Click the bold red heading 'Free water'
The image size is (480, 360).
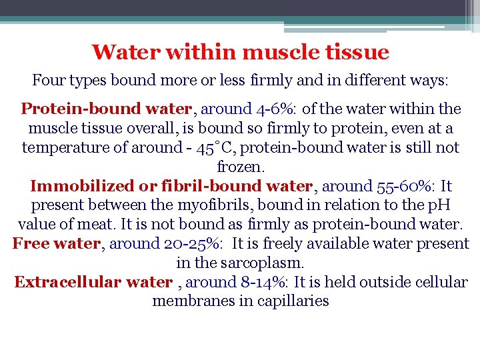click(56, 244)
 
